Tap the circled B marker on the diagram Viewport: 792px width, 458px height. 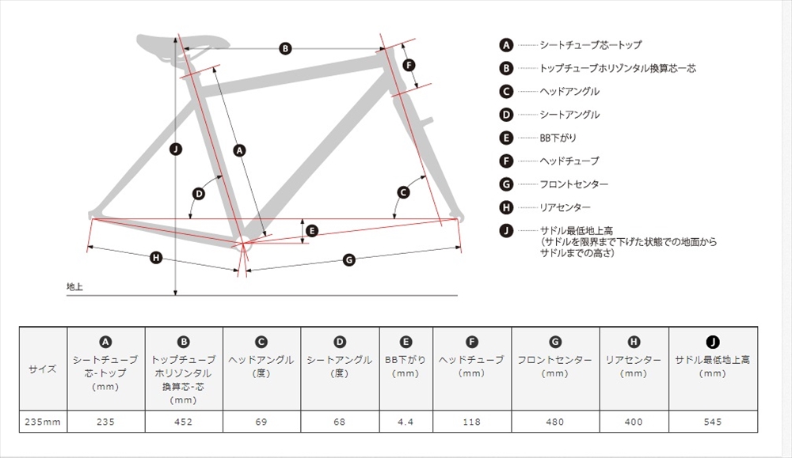[x=285, y=48]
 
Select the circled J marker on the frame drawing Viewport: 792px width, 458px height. [x=175, y=150]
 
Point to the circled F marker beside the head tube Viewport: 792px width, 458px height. [x=409, y=65]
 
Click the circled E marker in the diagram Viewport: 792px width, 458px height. [x=311, y=231]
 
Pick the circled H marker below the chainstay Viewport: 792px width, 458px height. [x=156, y=258]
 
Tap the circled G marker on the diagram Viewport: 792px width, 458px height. [x=349, y=260]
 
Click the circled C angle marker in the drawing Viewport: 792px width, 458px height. [x=403, y=192]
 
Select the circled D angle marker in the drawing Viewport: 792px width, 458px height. [x=199, y=194]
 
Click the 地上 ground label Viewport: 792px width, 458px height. [x=74, y=286]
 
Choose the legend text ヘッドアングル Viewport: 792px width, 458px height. [x=569, y=91]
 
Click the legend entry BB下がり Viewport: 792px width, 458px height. [x=558, y=138]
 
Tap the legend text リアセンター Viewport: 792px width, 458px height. [x=565, y=207]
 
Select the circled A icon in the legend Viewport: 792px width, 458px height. [x=506, y=45]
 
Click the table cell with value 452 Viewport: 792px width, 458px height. [x=184, y=422]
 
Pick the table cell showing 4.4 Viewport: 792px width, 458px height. [x=406, y=422]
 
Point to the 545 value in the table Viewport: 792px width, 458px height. [x=713, y=422]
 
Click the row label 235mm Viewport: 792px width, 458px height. [x=43, y=422]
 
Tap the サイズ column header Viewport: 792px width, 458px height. [x=43, y=369]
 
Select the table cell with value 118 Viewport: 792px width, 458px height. [x=472, y=422]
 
